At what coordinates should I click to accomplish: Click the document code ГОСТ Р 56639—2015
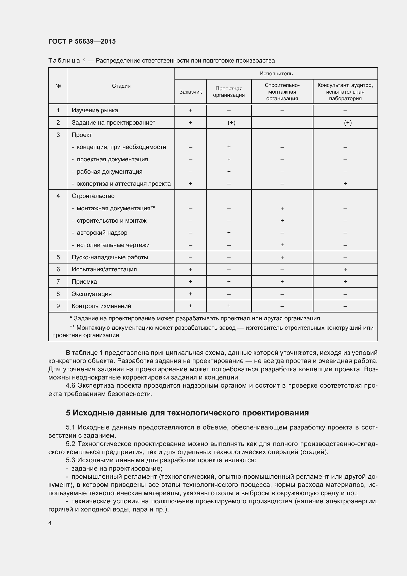pos(82,41)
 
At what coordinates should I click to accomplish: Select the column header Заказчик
pos(190,92)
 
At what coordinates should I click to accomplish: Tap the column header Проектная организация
pos(229,92)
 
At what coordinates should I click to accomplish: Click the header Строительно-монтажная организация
pos(282,92)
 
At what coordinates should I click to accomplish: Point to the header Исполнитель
pos(276,73)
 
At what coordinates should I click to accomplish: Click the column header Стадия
pos(121,86)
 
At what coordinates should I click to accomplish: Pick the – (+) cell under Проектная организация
pos(229,123)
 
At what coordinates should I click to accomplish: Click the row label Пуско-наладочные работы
pos(110,257)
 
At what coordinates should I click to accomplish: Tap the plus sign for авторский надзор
pos(229,232)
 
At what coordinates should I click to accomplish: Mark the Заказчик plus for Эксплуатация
pos(190,294)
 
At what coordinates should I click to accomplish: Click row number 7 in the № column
pos(58,281)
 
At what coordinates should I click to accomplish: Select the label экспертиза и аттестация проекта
pos(123,184)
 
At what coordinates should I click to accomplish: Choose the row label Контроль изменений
pos(101,306)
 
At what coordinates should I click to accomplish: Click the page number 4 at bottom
pos(50,523)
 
